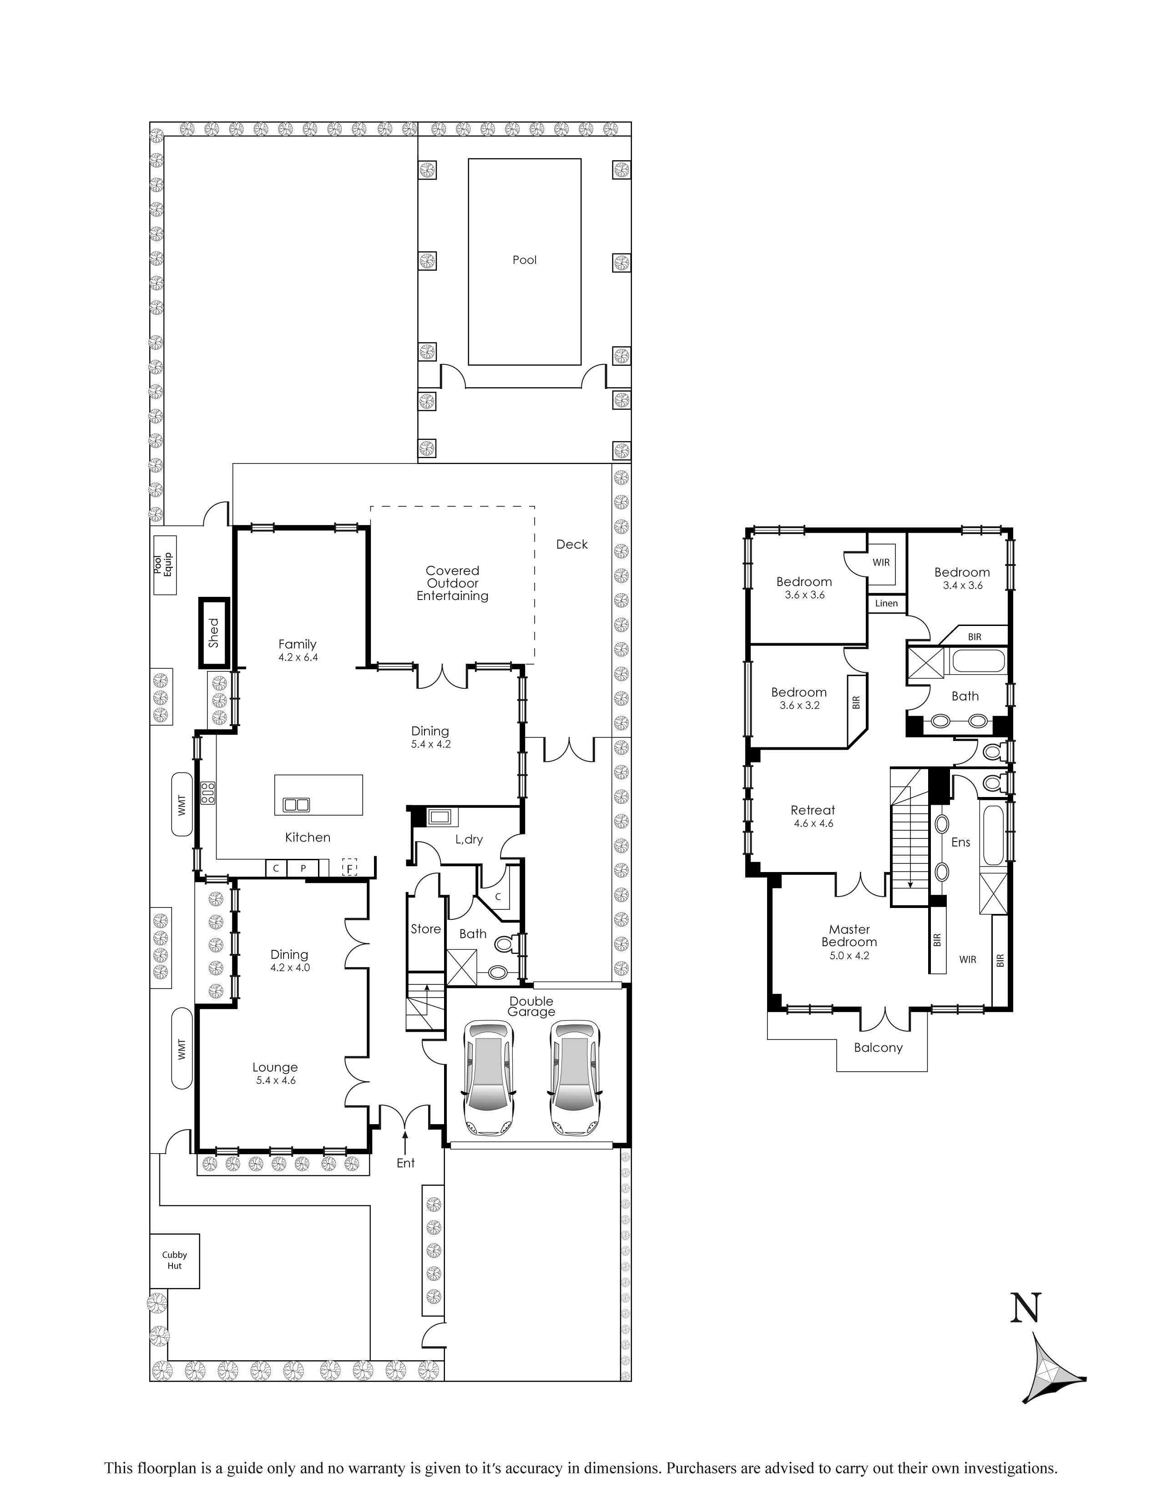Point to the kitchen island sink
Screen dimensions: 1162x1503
[296, 804]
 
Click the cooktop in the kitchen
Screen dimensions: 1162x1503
[207, 793]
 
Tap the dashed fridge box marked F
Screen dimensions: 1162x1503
[350, 867]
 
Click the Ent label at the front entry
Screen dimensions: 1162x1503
[405, 1162]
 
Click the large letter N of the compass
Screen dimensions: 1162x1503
[1025, 1307]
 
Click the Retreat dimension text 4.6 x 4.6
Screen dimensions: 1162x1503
[813, 823]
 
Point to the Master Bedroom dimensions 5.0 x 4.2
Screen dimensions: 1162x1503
[849, 955]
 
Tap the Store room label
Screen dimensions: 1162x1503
[425, 929]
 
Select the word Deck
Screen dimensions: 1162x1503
[571, 545]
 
